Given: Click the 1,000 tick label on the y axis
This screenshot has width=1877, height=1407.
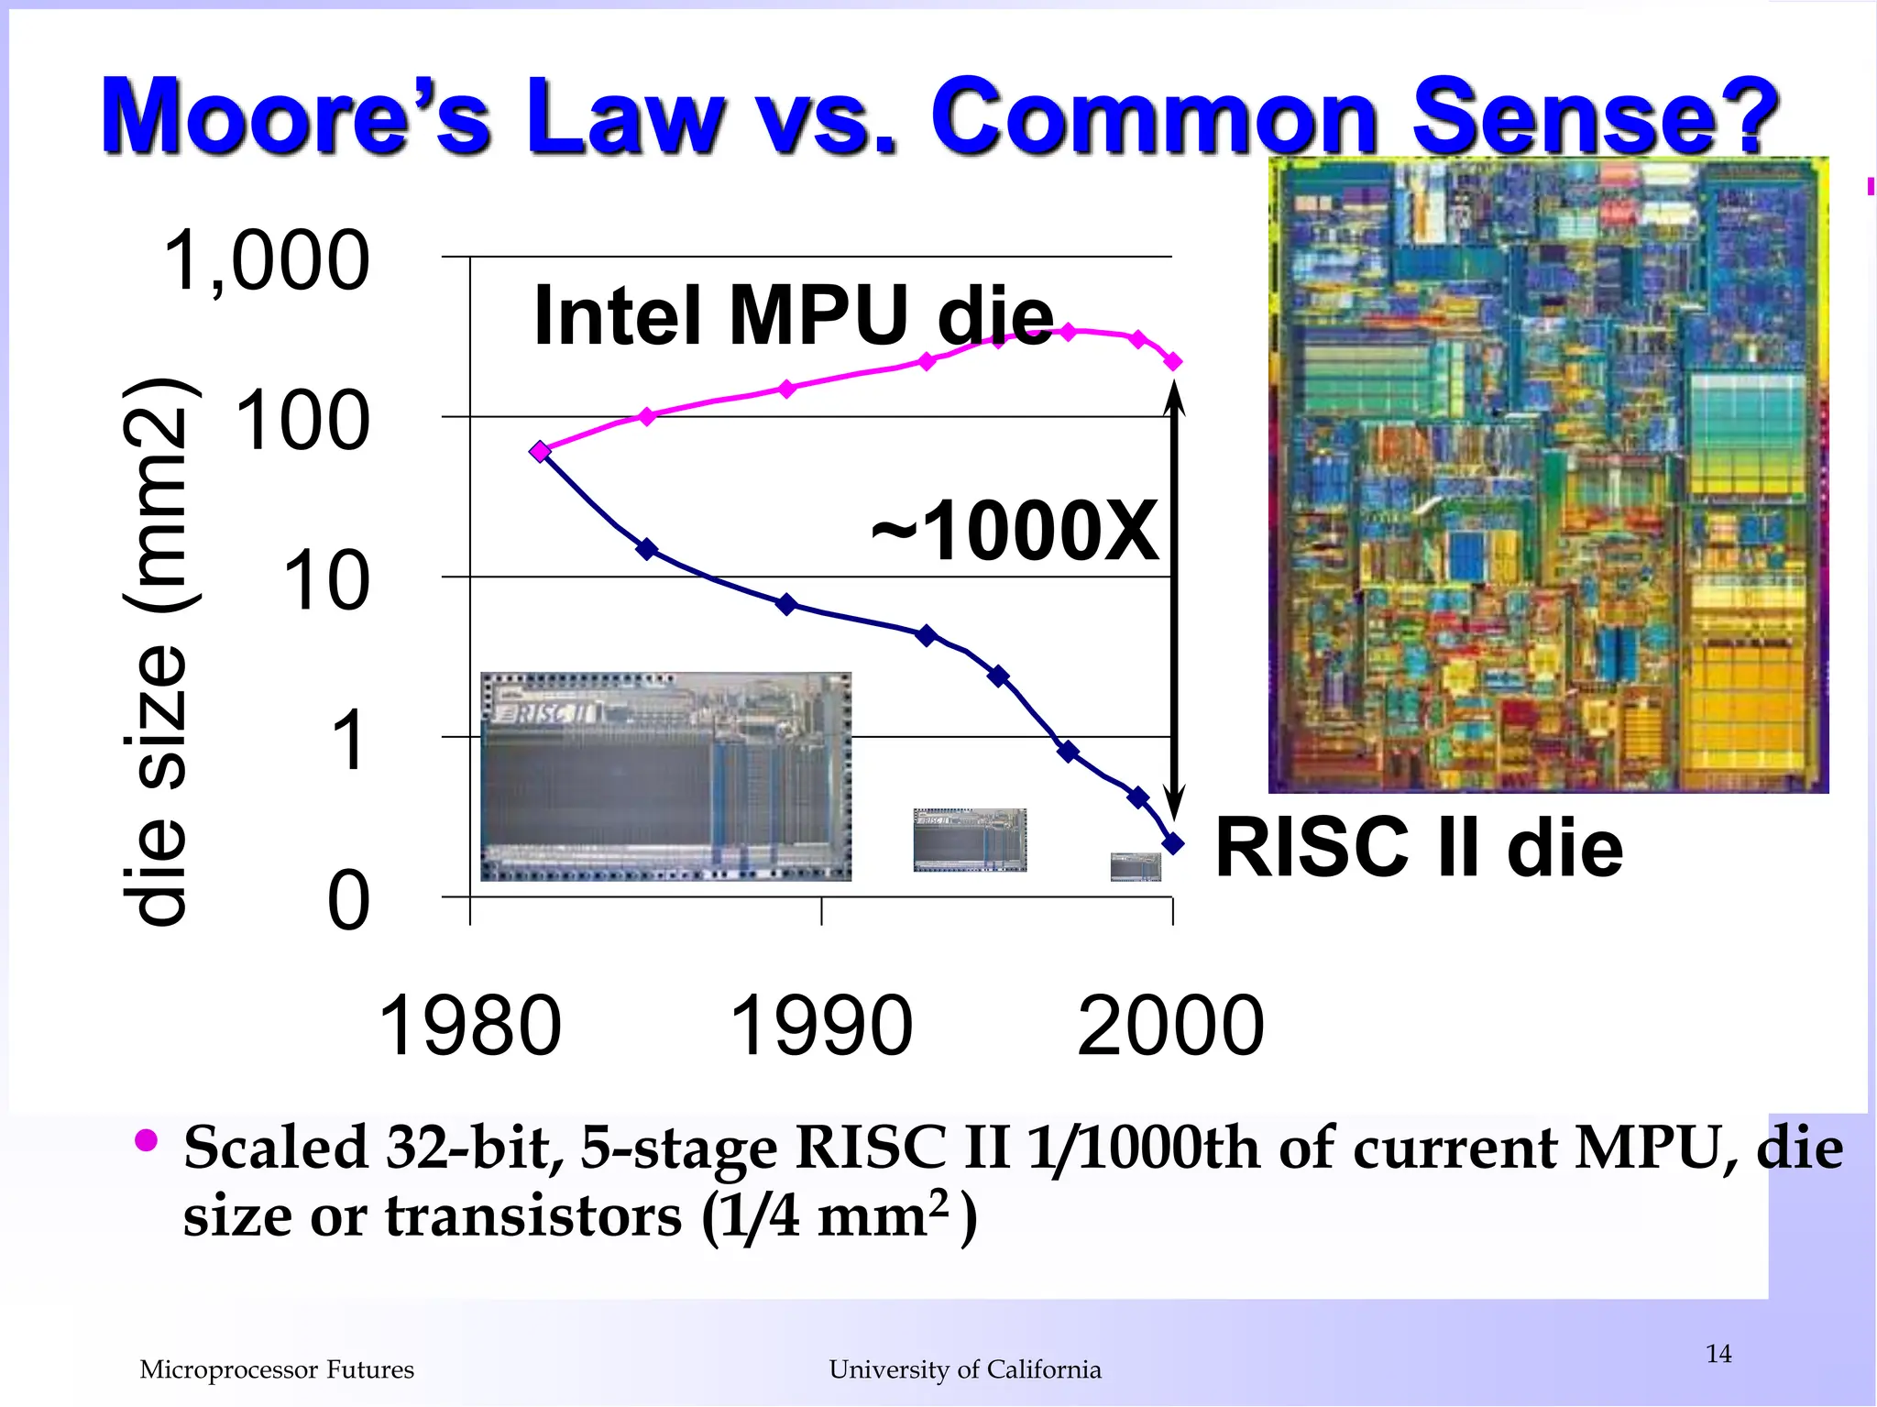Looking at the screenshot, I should (x=266, y=261).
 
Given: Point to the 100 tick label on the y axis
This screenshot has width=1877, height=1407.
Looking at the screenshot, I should (x=302, y=422).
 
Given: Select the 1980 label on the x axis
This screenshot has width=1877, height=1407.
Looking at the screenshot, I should (x=469, y=1026).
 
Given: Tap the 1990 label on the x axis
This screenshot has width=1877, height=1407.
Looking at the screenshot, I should (x=821, y=1026).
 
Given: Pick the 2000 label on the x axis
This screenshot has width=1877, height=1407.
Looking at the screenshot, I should (x=1170, y=1026).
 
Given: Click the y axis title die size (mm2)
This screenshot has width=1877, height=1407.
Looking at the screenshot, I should (x=158, y=651).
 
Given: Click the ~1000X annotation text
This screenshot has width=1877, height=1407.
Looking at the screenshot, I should (x=1015, y=531).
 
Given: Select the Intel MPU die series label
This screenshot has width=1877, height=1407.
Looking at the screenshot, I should (x=794, y=315).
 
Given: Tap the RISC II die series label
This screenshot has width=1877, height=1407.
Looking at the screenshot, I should (x=1419, y=848).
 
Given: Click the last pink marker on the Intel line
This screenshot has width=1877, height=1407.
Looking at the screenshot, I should (x=1173, y=362).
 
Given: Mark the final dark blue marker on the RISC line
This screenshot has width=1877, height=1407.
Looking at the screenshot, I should (x=1173, y=843).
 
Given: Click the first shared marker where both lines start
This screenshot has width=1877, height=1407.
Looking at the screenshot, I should (x=541, y=451).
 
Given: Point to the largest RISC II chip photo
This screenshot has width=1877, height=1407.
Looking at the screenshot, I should (x=665, y=776).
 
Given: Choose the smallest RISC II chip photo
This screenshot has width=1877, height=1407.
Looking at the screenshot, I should (x=1136, y=866).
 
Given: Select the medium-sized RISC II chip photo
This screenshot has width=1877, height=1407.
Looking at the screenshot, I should (x=970, y=840).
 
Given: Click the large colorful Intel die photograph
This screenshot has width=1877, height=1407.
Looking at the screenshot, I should (x=1547, y=475).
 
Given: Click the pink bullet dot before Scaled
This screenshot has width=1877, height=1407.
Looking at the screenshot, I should (x=147, y=1141).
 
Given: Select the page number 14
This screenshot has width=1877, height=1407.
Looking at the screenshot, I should (x=1718, y=1354).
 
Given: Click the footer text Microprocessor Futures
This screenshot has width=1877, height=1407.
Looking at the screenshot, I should (x=277, y=1369).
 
